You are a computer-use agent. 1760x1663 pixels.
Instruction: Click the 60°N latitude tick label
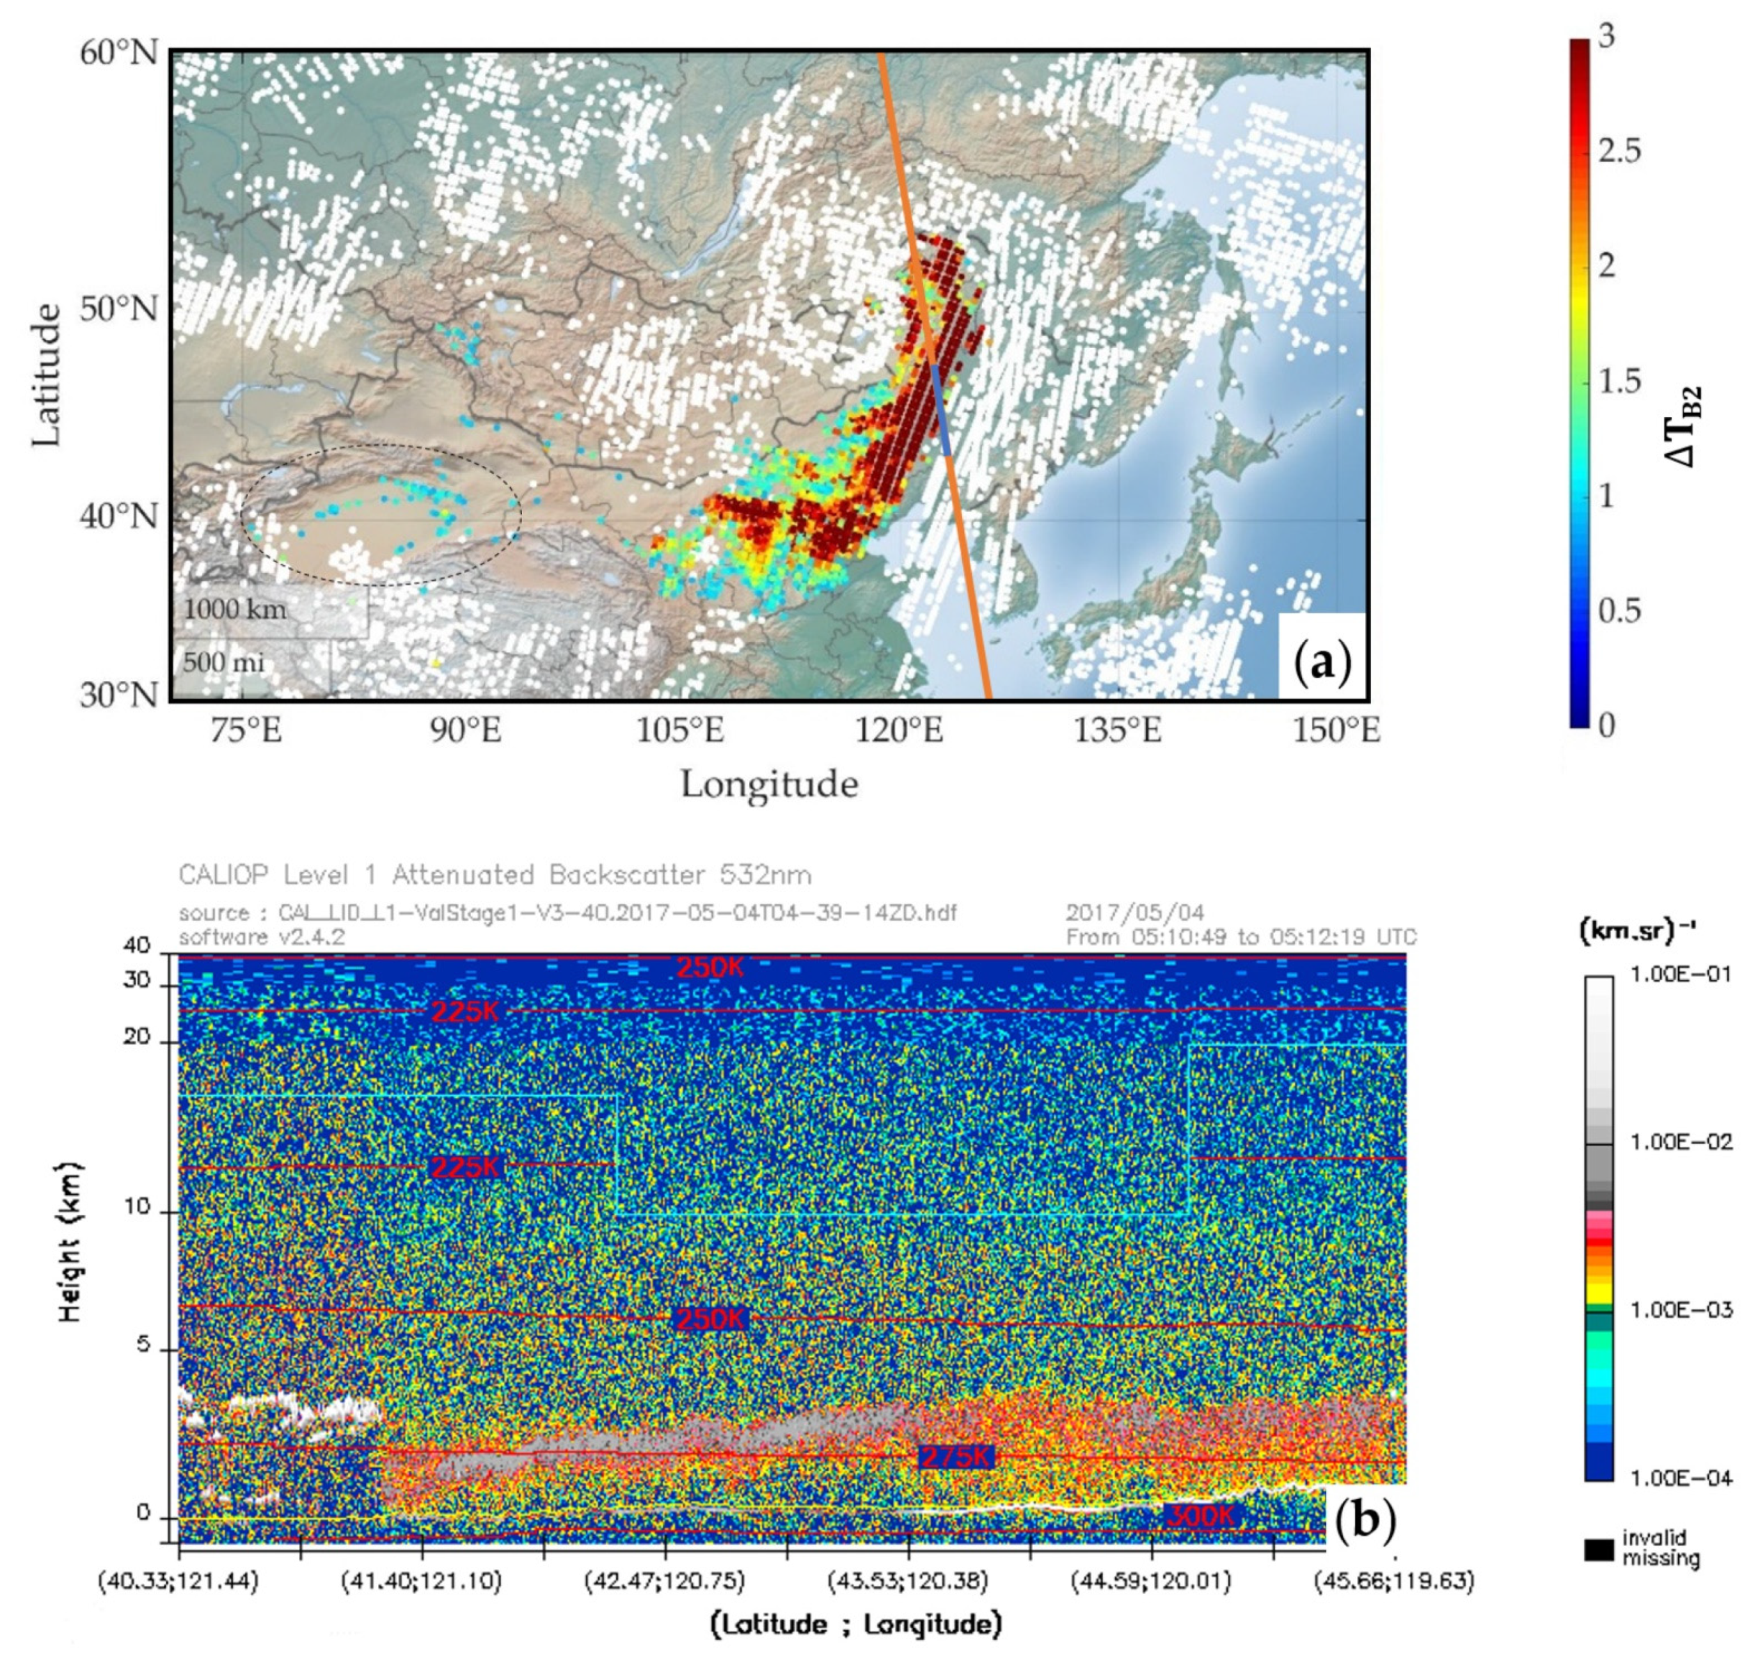pos(119,53)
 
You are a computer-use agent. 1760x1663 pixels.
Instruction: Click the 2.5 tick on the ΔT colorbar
pos(1619,151)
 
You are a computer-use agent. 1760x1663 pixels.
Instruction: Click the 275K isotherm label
pos(956,1456)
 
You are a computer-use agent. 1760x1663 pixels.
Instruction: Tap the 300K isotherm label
pos(1199,1516)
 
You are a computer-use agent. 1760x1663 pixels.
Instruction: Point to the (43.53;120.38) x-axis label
pos(908,1580)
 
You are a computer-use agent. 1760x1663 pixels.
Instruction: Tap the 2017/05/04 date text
pos(1135,912)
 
